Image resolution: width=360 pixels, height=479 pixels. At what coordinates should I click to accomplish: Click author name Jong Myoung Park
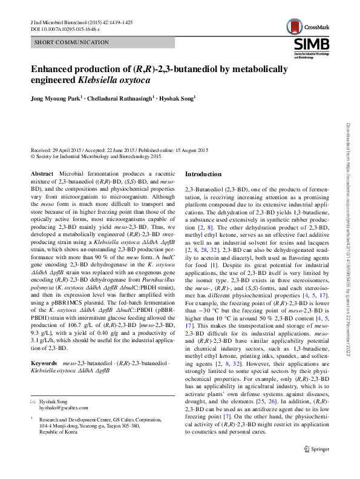tap(55, 99)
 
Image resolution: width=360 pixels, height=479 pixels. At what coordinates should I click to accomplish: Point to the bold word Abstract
tap(42, 174)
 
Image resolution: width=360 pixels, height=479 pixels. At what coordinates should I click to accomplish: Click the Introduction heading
tap(203, 174)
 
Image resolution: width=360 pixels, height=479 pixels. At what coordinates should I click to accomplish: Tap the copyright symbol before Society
tap(33, 156)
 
